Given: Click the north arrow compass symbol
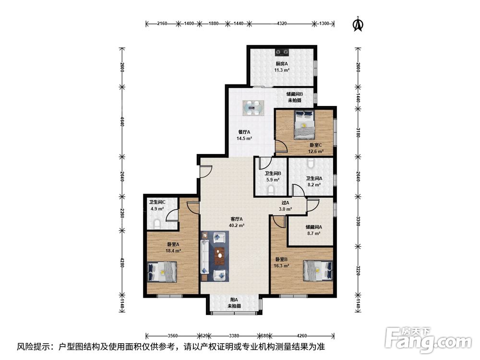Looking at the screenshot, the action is (358, 24).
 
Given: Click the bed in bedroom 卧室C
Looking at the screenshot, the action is (304, 125).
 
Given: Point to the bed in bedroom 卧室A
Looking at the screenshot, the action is (162, 272).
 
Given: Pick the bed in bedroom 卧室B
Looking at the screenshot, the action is (318, 270).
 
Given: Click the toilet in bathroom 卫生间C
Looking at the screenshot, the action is (157, 224).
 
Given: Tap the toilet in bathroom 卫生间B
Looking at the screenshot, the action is (271, 191).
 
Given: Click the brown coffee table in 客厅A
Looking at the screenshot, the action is (219, 256).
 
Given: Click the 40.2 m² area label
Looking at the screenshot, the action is (237, 226).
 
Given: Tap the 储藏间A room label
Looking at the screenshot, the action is (314, 227).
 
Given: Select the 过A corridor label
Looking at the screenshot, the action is (285, 203).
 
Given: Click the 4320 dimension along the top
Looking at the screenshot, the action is (282, 23).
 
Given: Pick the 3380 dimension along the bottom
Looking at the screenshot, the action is (234, 336).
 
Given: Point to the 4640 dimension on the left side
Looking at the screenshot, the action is (122, 121).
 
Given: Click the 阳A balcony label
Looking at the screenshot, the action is (234, 300).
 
